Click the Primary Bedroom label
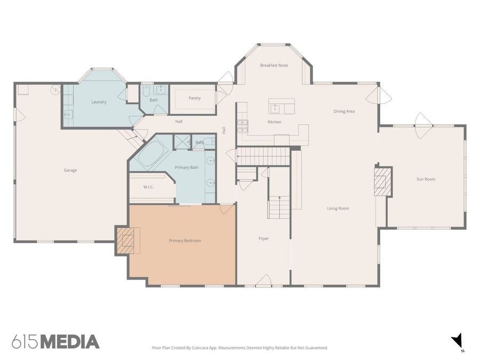185,241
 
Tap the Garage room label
70,170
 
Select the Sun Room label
426,179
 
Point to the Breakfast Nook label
274,65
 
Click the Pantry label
195,98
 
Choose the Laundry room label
99,102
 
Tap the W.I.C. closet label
148,187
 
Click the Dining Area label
344,111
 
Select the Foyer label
263,238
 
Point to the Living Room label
338,208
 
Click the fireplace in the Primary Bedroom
126,241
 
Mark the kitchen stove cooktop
242,126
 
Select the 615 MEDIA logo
55,341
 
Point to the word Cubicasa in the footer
219,348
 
